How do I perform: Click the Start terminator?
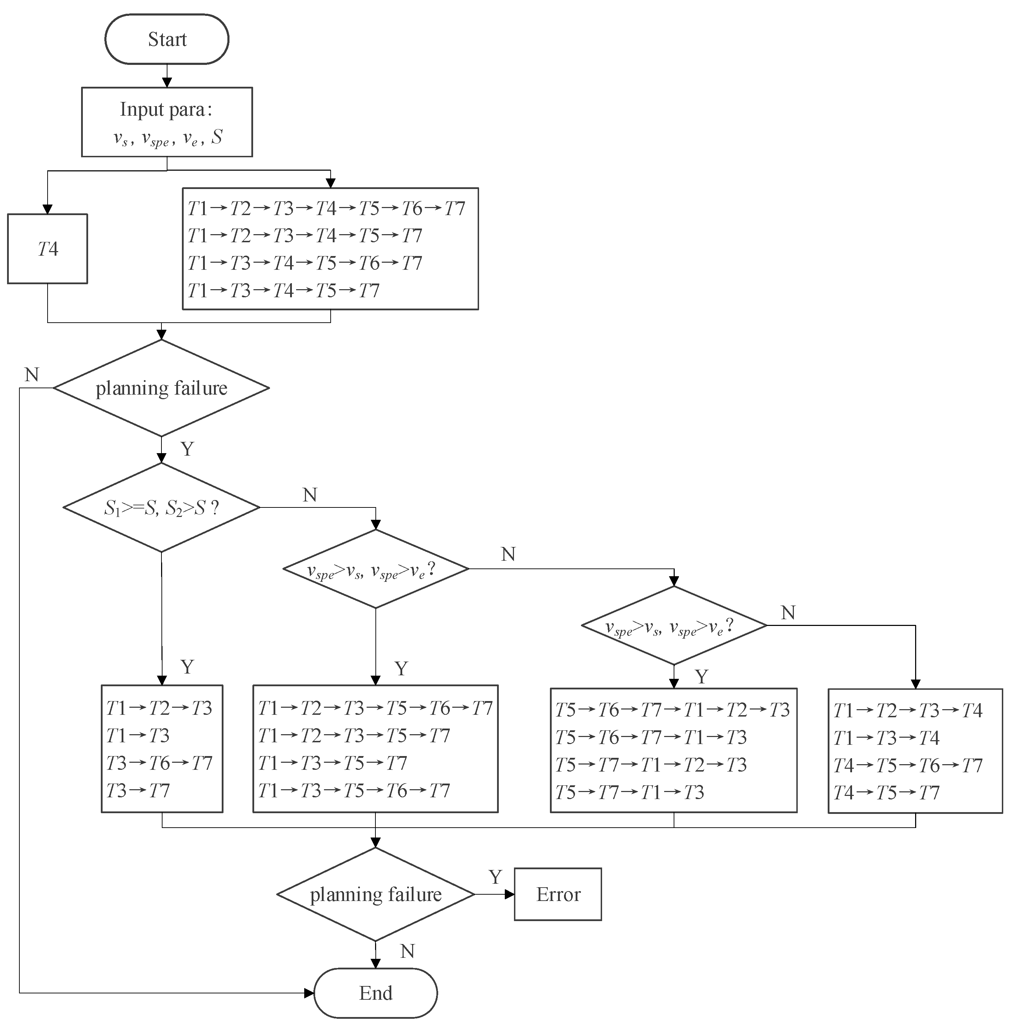coord(167,39)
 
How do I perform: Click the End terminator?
coord(375,993)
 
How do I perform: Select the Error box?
coord(557,894)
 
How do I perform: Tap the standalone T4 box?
coord(47,249)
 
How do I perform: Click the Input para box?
coord(167,122)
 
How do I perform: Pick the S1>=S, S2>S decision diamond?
coord(161,507)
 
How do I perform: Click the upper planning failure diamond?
coord(161,388)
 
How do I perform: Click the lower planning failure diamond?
coord(375,894)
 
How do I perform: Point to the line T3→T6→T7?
coord(159,763)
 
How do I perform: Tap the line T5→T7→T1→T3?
coord(629,792)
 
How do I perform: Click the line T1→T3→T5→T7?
coord(332,763)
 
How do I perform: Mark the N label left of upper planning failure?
coord(32,375)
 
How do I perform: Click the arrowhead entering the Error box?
coord(510,894)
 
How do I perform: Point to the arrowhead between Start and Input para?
coord(167,83)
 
